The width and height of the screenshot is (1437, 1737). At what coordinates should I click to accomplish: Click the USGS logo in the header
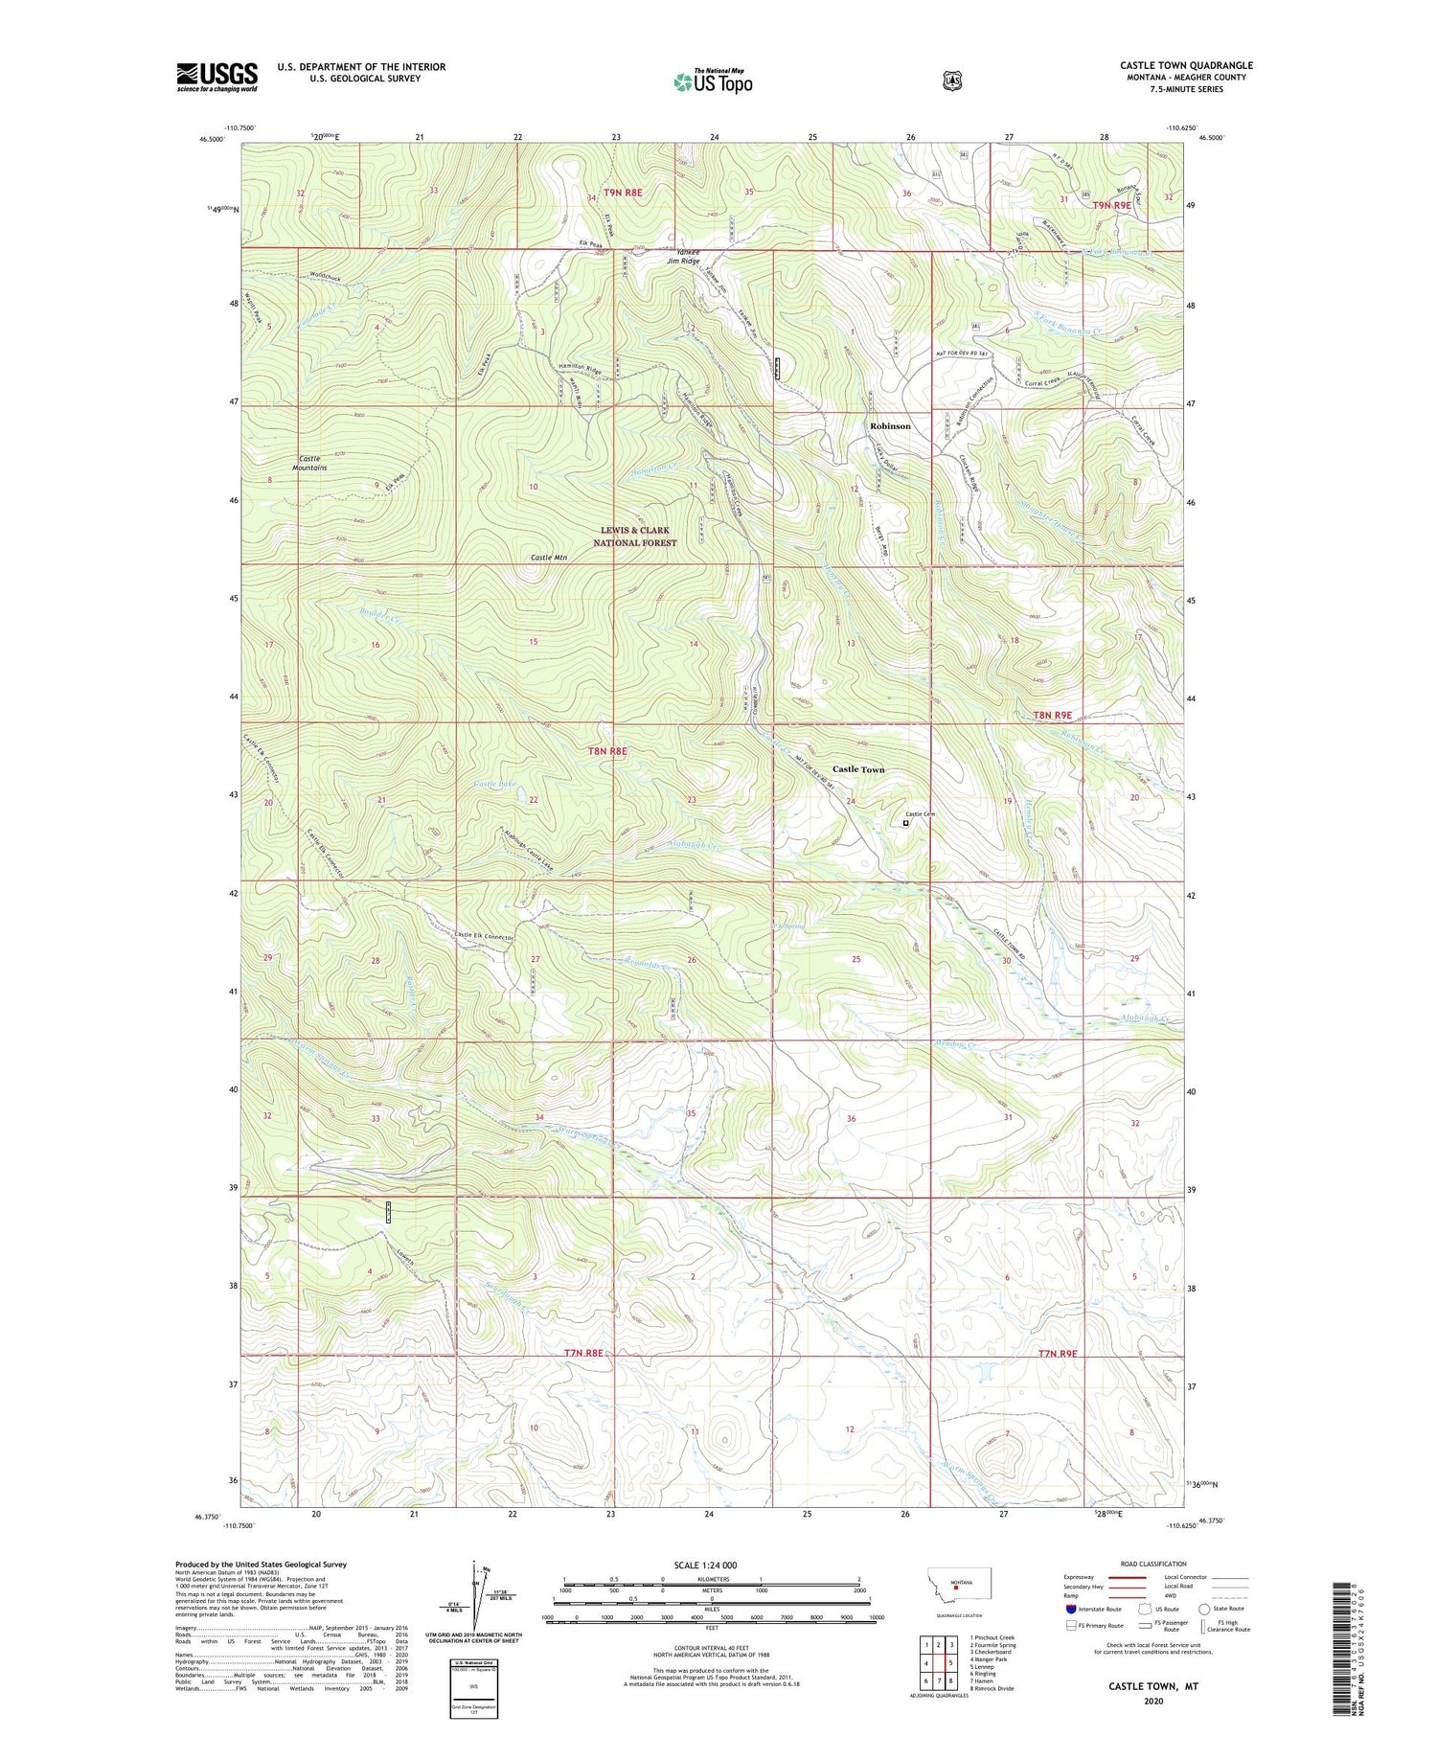click(217, 77)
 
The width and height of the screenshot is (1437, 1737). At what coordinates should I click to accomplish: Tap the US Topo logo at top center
click(713, 81)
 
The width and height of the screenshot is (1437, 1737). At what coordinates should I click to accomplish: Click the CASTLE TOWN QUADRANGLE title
click(1186, 65)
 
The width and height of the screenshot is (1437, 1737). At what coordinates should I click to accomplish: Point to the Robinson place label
click(890, 425)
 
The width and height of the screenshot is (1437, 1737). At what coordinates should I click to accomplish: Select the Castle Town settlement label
click(857, 769)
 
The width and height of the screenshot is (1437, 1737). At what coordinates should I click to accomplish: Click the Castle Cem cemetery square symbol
click(905, 822)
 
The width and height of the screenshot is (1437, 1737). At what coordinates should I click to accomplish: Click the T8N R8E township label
click(607, 751)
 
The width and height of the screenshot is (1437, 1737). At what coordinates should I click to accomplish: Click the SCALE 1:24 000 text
click(712, 1566)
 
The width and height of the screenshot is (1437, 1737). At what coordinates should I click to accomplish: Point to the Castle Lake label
click(494, 784)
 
